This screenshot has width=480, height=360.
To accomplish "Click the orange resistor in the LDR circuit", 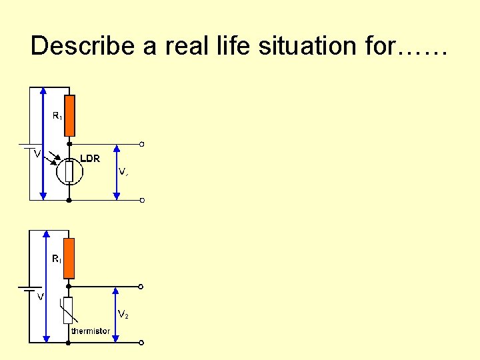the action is (69, 115).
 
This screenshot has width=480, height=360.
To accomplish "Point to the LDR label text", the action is (90, 159).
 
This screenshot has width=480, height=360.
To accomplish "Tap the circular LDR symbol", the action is (69, 171).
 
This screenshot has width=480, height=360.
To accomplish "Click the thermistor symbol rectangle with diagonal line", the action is (69, 311).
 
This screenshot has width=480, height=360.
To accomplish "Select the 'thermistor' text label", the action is (91, 331).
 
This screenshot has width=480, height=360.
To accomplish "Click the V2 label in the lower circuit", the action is (124, 313).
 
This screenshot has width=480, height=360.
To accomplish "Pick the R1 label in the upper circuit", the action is (57, 116).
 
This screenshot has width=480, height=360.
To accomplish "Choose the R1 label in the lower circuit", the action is (57, 259).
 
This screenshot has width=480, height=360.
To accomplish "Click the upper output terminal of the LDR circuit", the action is (142, 144).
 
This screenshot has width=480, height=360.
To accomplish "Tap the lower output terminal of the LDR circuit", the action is (142, 200).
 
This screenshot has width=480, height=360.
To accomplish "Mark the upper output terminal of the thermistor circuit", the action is (141, 287).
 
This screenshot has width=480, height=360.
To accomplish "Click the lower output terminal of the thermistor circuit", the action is (141, 343).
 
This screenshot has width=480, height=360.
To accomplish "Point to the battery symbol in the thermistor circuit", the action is (28, 289).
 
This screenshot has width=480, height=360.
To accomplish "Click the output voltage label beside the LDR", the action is (123, 171).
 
